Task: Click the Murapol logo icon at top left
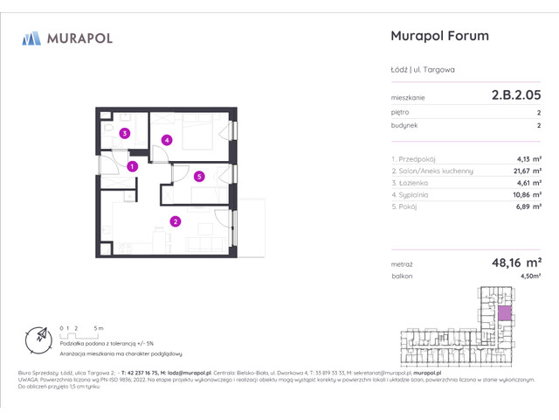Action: click(32, 38)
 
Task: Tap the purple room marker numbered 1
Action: click(132, 165)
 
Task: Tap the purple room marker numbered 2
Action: click(176, 221)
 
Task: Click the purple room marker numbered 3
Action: click(125, 134)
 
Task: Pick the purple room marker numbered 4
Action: click(166, 140)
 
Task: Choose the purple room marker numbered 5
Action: click(199, 177)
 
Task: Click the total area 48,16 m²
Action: click(515, 262)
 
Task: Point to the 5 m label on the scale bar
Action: click(100, 327)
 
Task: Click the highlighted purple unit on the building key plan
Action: click(503, 313)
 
